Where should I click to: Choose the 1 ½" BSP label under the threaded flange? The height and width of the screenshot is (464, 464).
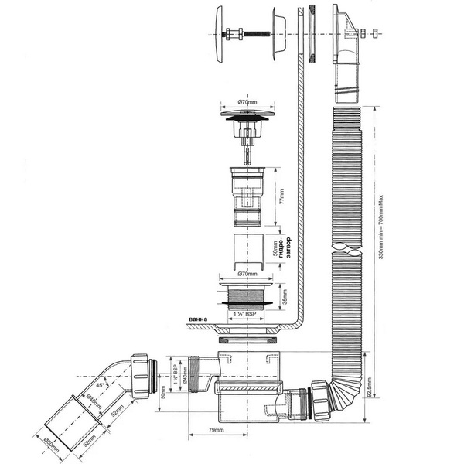[244, 315]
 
